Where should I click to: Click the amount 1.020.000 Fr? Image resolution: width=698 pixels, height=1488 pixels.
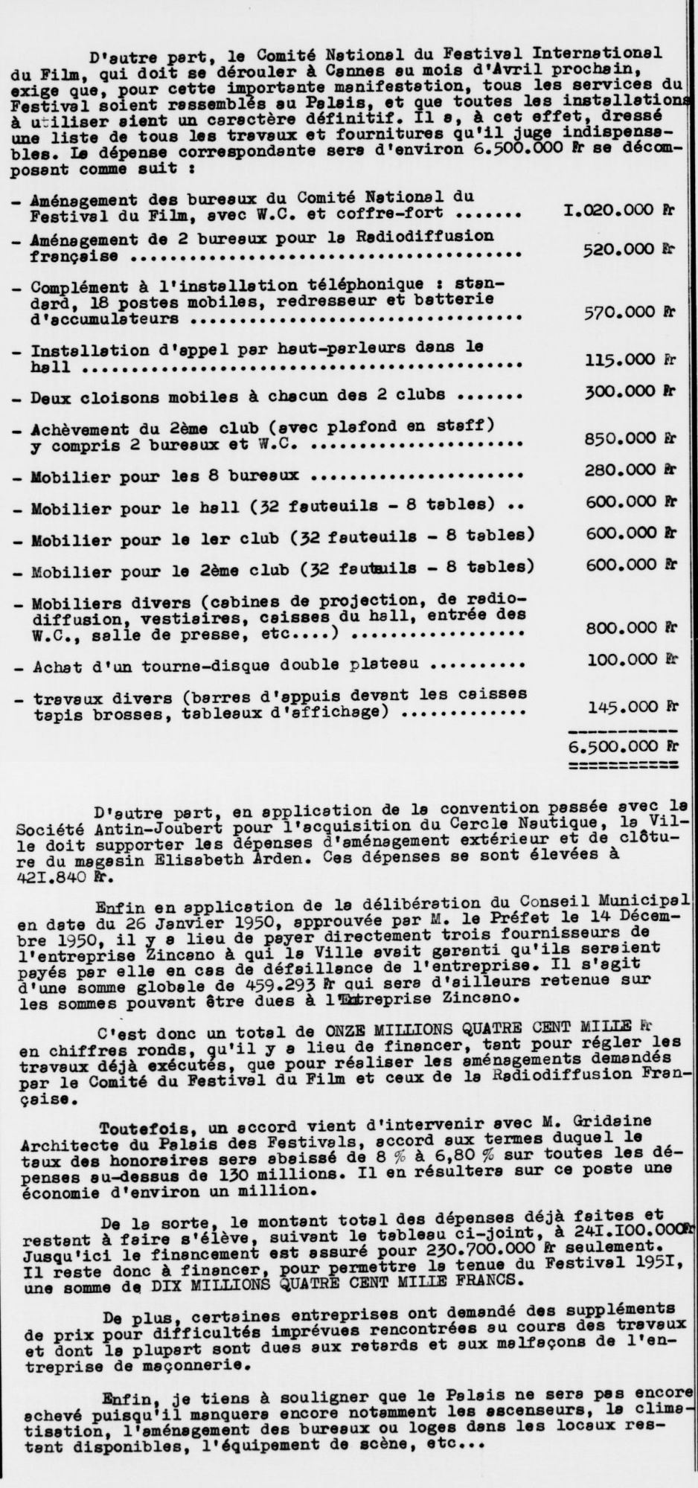(618, 211)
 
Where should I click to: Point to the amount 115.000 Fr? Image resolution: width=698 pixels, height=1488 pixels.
(629, 359)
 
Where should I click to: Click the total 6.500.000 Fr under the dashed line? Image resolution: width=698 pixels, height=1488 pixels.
(621, 745)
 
